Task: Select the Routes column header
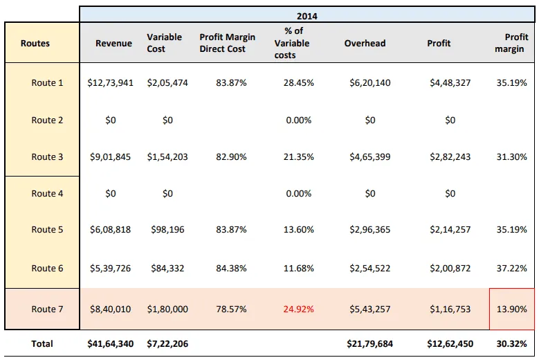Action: point(35,44)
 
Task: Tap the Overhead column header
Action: point(365,44)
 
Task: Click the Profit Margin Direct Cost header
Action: point(227,44)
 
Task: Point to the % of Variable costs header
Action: point(298,43)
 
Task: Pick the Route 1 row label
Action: point(47,83)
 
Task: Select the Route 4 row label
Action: point(47,194)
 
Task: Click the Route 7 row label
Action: point(47,309)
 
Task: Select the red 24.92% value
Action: point(298,309)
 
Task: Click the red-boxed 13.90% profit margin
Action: point(511,309)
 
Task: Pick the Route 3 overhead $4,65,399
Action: point(369,157)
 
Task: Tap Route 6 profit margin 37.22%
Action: point(511,269)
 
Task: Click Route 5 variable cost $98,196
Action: point(167,230)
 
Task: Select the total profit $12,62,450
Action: point(449,343)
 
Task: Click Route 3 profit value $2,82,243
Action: point(449,157)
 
